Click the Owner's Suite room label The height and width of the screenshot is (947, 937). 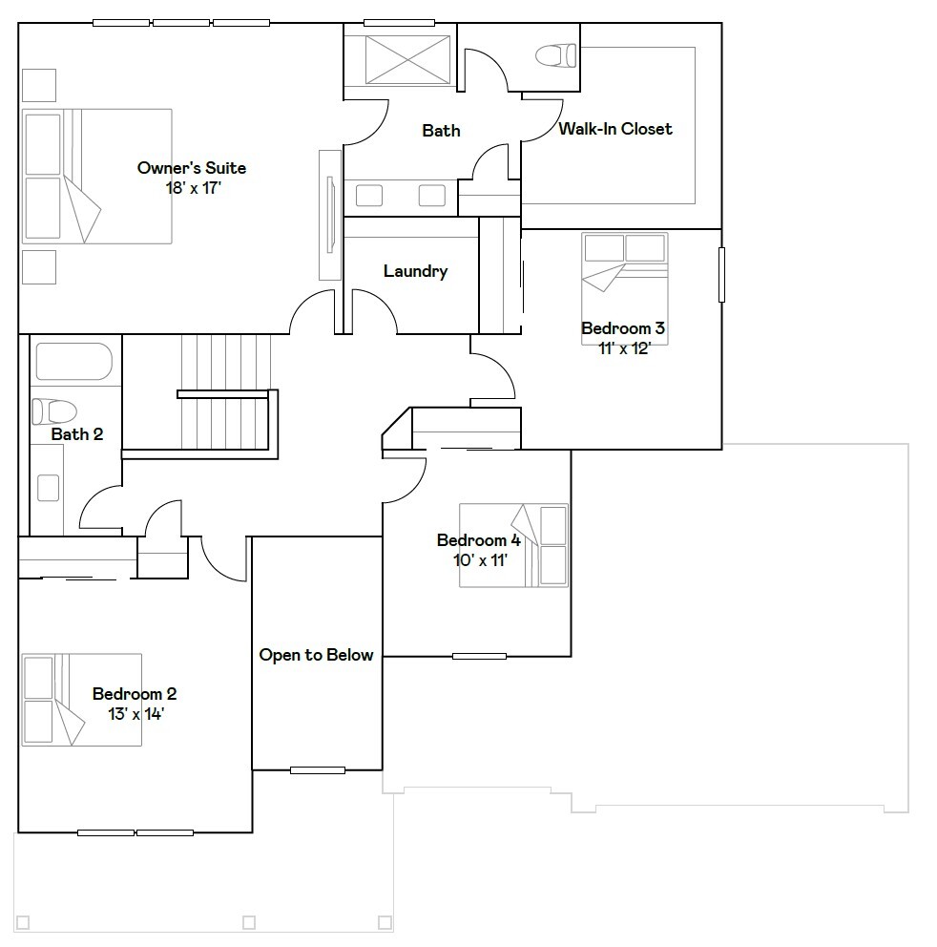(x=191, y=168)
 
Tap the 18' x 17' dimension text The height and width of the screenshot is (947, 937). (x=192, y=188)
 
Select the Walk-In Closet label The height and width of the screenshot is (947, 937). (x=615, y=129)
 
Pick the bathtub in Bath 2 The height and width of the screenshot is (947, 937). (x=73, y=362)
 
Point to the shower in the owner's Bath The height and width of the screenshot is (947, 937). (x=395, y=59)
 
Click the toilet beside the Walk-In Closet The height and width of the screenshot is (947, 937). (x=556, y=55)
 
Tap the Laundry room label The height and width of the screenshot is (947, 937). (x=415, y=271)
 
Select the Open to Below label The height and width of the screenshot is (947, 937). (x=316, y=655)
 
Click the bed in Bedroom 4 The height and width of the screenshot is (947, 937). (x=514, y=545)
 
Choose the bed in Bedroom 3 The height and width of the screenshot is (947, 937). (x=625, y=277)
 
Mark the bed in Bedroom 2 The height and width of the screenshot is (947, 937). (x=82, y=699)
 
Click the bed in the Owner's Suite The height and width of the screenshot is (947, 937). (x=96, y=176)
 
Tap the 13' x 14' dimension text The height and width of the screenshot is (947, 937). (x=135, y=713)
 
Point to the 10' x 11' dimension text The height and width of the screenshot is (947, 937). (x=479, y=559)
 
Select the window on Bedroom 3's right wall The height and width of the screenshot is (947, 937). (x=721, y=275)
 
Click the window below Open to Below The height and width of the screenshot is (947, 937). (x=318, y=769)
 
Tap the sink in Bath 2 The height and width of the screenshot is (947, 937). (x=47, y=488)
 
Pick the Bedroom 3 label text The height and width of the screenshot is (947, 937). (x=622, y=328)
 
